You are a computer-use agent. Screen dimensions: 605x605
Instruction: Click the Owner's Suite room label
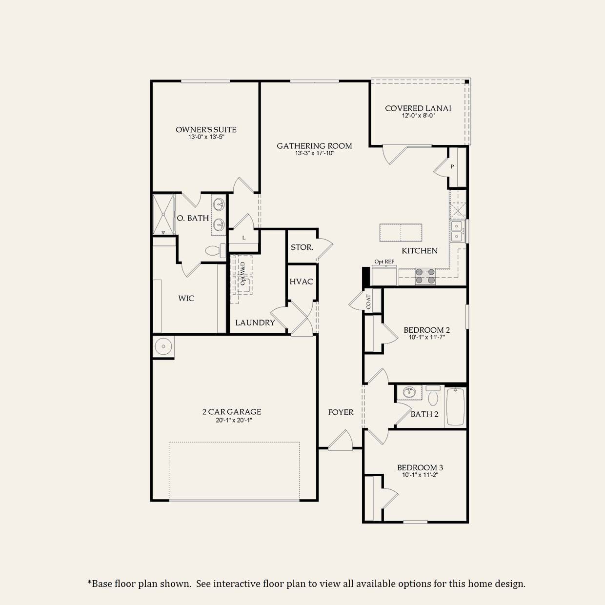pos(206,129)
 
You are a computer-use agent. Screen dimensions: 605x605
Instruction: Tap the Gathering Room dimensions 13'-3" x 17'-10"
pos(314,153)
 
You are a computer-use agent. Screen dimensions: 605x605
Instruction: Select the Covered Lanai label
pos(418,108)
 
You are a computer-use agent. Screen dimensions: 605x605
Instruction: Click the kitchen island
pos(401,232)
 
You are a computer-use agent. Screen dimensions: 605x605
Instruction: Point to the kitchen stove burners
pos(425,276)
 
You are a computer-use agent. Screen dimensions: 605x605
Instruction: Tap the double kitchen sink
pos(457,231)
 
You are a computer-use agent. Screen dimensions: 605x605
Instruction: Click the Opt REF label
pos(384,262)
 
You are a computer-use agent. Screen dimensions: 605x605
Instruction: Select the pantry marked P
pos(452,167)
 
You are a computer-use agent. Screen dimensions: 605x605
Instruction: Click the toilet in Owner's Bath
pos(214,251)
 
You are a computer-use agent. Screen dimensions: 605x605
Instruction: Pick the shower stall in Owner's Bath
pos(163,215)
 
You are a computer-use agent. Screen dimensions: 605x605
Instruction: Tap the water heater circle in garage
pos(163,346)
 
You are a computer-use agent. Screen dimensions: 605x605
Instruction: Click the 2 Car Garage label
pos(232,412)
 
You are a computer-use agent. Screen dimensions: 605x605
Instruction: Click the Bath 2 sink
pos(409,392)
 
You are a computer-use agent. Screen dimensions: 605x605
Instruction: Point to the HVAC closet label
pos(301,282)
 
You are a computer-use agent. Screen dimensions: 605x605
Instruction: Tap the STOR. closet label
pos(302,247)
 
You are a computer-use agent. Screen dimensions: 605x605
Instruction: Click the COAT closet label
pos(368,302)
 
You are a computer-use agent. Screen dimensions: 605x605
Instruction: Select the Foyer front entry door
pos(340,442)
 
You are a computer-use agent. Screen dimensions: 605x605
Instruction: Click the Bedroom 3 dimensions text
pos(420,474)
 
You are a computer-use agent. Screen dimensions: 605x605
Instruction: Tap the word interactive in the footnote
pos(237,584)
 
